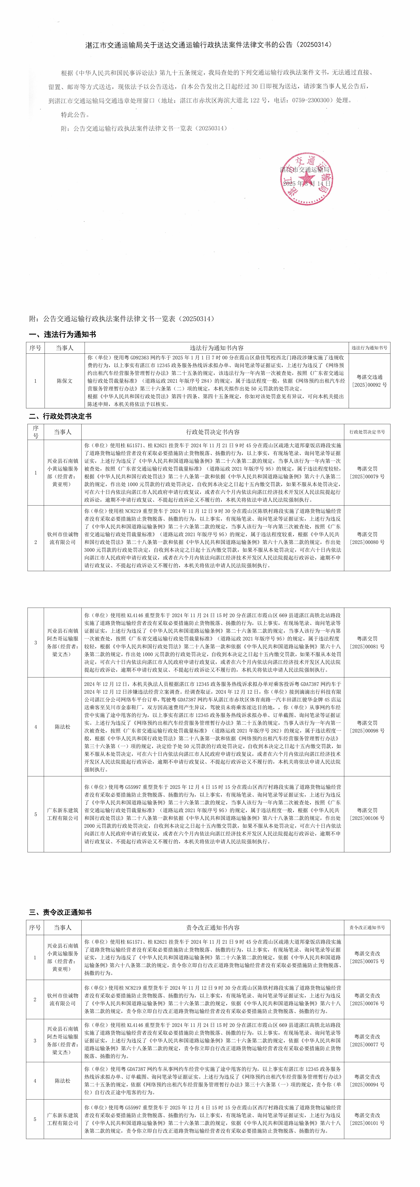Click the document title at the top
point(209,45)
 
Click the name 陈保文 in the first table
point(64,381)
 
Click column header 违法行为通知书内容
point(217,348)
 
